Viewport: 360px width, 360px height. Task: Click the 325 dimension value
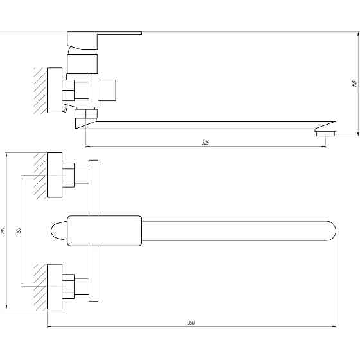coord(206,142)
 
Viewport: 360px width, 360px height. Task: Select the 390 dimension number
coord(191,323)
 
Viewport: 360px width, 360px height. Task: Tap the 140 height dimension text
coord(353,84)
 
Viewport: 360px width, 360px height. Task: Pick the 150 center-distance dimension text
coord(19,230)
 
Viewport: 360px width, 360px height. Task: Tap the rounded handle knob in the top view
coord(58,231)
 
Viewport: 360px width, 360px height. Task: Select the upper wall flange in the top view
coord(55,174)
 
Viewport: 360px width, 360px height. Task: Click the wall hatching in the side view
coord(40,90)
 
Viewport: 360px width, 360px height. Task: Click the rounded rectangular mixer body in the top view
coord(105,231)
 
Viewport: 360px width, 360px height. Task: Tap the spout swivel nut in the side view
coord(85,118)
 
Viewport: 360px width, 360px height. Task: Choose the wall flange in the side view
coord(55,89)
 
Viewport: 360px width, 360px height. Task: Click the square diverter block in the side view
coord(109,90)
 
